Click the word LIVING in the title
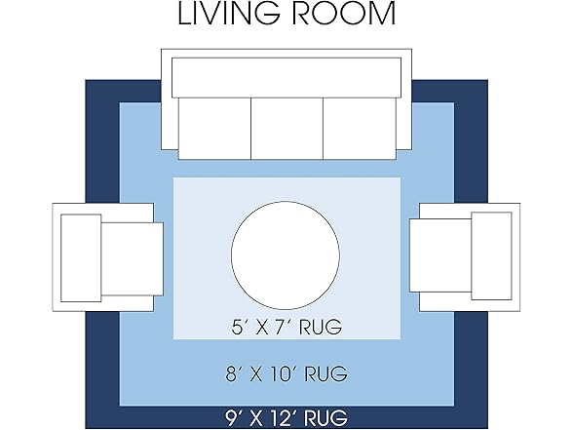(229, 14)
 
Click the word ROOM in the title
(344, 14)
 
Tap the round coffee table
(286, 255)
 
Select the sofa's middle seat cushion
(286, 129)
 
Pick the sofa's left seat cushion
(214, 129)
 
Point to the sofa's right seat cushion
(360, 129)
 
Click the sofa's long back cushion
(286, 78)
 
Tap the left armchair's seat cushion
(132, 259)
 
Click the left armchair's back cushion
(81, 258)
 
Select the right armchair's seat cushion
(440, 255)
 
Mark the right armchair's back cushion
(491, 255)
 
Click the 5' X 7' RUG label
(286, 327)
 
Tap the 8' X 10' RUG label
(286, 373)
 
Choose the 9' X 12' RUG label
(286, 417)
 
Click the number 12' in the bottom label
(282, 417)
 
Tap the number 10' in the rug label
(282, 373)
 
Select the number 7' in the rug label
(284, 327)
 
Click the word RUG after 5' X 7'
(321, 327)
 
